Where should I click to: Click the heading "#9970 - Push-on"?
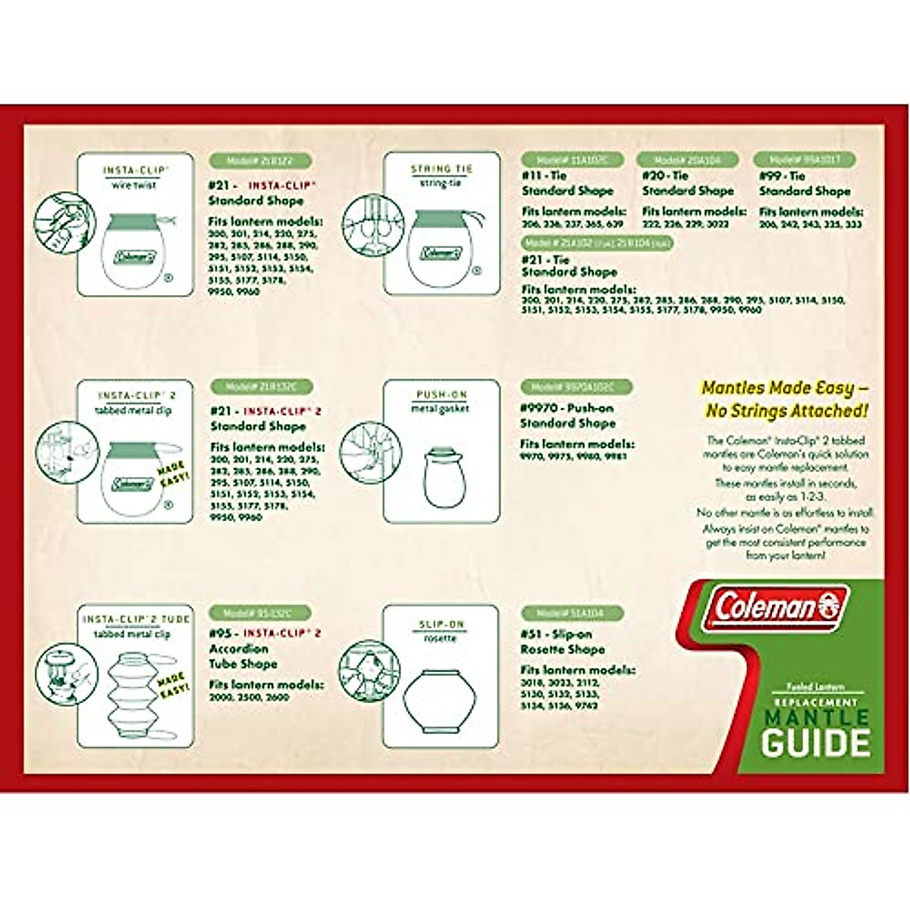click(567, 407)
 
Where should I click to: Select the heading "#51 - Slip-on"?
click(556, 633)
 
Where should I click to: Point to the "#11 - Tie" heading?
click(544, 176)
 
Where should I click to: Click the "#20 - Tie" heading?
click(665, 176)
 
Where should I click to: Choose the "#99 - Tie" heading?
click(782, 176)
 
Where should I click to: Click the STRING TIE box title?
click(441, 169)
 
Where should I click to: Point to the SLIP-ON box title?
click(441, 624)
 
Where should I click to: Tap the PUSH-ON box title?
click(441, 395)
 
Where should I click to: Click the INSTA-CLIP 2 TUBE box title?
click(136, 619)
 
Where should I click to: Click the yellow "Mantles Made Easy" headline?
click(785, 399)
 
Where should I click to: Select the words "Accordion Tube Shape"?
click(243, 656)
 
